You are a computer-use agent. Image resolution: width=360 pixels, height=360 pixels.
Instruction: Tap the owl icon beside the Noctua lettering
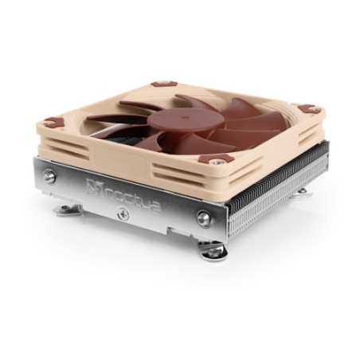(x=94, y=187)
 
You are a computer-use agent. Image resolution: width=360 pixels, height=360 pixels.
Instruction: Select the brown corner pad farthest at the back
(x=163, y=82)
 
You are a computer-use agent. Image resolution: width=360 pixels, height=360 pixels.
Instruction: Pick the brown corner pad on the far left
(x=53, y=123)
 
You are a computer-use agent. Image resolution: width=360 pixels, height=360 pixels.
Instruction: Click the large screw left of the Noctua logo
(x=50, y=177)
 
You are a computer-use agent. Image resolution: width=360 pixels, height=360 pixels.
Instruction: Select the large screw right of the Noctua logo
(x=203, y=217)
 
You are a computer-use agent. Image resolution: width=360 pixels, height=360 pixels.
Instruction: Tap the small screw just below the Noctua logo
(x=123, y=214)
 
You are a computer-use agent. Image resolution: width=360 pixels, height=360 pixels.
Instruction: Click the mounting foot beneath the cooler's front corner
(x=213, y=252)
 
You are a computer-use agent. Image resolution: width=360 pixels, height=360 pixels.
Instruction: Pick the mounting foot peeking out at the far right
(x=302, y=191)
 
